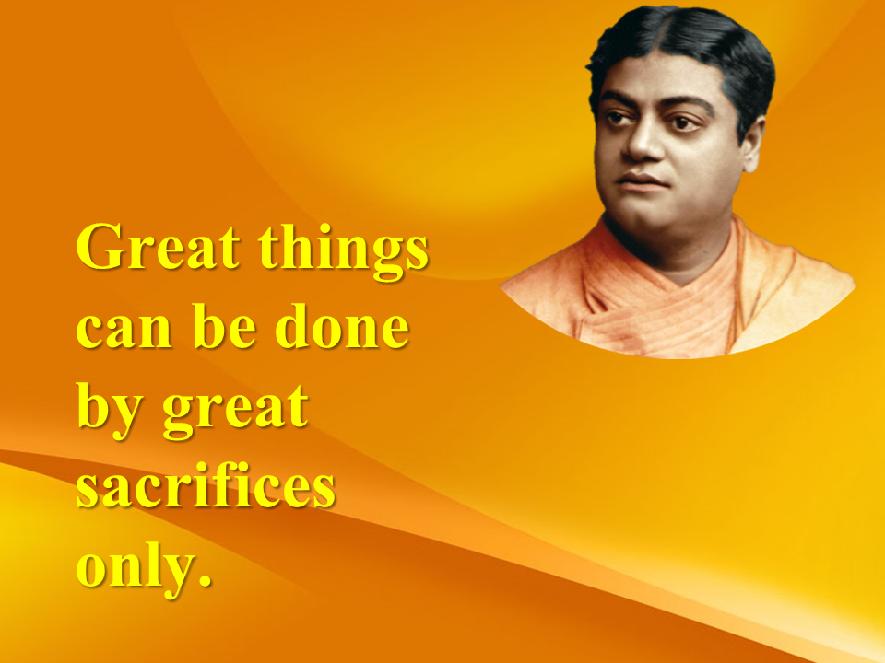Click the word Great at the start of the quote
click(x=158, y=246)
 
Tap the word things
click(x=344, y=251)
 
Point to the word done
click(x=342, y=325)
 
